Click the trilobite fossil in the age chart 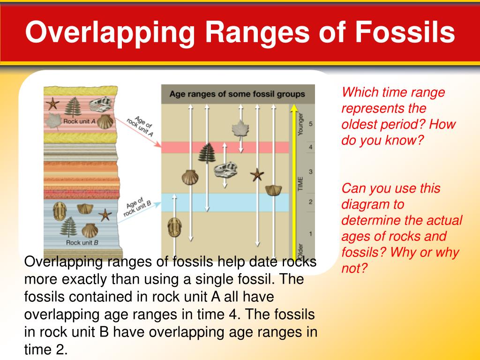click(174, 226)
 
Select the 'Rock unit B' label click(82, 242)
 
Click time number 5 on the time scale click(311, 124)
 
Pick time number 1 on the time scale click(311, 233)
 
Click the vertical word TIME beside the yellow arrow click(301, 183)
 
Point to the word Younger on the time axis click(301, 123)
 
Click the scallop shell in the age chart click(190, 178)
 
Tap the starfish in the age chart click(256, 175)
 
